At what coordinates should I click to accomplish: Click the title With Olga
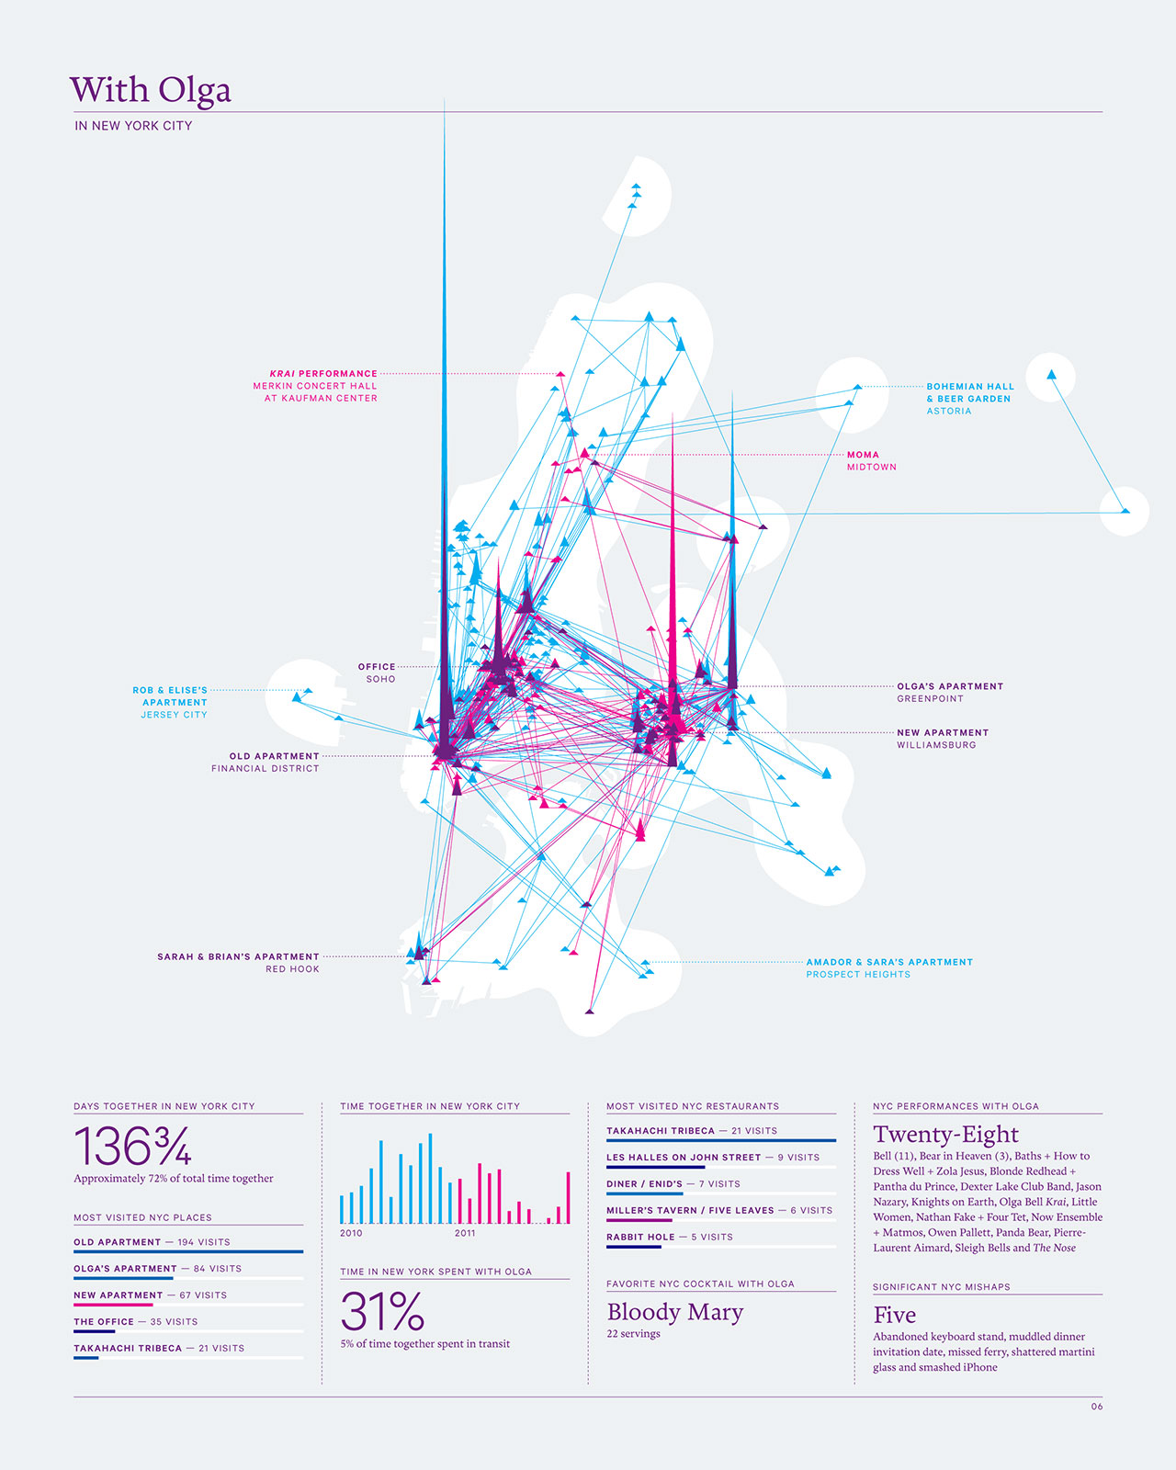151,90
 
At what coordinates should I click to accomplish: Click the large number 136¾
132,1146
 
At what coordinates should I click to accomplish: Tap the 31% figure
382,1311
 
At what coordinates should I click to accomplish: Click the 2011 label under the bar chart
465,1233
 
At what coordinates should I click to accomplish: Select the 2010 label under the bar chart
351,1233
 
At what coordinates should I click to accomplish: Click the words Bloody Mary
674,1312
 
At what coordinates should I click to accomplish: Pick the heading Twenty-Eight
945,1134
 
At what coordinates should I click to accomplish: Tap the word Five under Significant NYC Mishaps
894,1315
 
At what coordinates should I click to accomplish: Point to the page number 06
1097,1407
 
